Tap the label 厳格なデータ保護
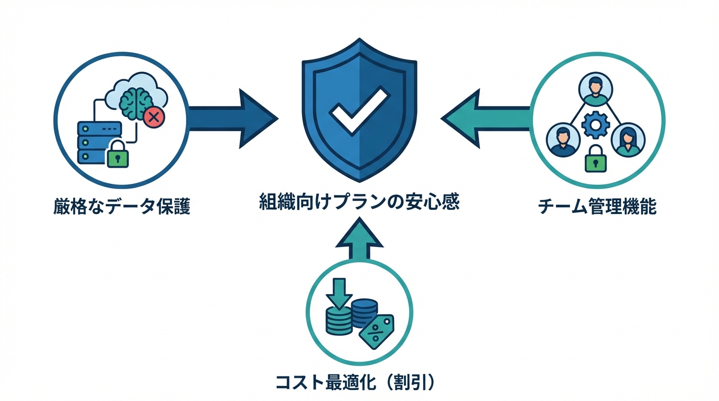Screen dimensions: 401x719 coord(121,207)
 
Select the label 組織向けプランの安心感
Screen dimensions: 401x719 coord(359,203)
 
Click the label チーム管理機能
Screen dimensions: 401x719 coord(597,207)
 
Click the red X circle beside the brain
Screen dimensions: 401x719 coord(154,117)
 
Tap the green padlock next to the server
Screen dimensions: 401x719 coord(118,154)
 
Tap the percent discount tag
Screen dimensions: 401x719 coord(376,331)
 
